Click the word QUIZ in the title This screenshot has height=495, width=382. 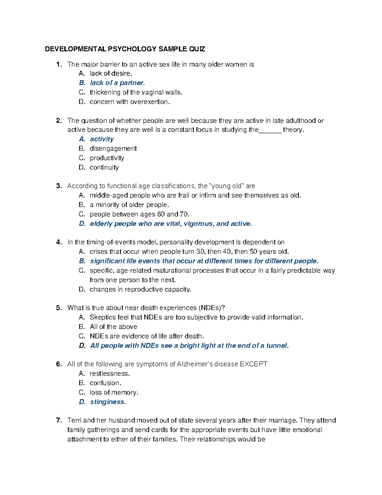tap(197, 49)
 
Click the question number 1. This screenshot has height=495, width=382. tap(58, 64)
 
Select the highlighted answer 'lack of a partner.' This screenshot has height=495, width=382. tap(117, 83)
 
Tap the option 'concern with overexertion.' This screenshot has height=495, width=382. tap(130, 102)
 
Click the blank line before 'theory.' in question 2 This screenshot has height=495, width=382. tap(270, 130)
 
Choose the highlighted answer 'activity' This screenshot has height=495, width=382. tap(102, 139)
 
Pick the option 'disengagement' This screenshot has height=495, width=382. tap(113, 149)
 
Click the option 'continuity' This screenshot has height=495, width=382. tap(104, 167)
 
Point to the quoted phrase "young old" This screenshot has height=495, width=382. tap(226, 186)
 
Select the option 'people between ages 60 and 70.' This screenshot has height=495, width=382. tap(139, 214)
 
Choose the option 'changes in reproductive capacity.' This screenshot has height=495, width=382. tap(140, 289)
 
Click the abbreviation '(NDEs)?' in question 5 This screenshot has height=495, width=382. tap(211, 308)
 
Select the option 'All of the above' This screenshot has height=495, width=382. tap(113, 327)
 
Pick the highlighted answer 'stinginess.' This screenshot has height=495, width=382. tap(108, 402)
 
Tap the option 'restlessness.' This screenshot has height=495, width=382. tap(110, 374)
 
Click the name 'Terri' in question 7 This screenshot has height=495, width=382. tap(74, 420)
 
